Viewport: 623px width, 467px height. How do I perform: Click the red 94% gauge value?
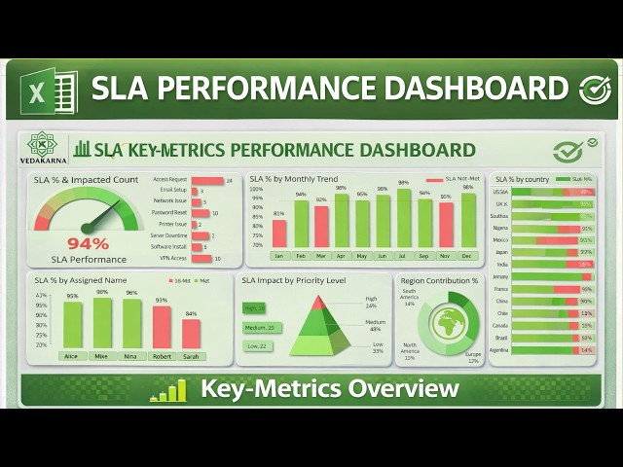click(x=88, y=243)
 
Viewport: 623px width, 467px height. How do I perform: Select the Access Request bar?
click(x=207, y=181)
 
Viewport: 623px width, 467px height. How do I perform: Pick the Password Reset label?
click(x=171, y=212)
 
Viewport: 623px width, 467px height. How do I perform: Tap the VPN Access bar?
click(x=202, y=259)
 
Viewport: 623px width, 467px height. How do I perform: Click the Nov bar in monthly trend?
click(x=446, y=225)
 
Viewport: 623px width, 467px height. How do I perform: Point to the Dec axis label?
click(x=468, y=256)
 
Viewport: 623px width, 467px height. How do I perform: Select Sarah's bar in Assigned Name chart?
click(x=191, y=334)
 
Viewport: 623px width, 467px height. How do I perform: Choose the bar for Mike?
click(x=102, y=323)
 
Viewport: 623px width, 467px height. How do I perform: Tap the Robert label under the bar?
click(x=162, y=356)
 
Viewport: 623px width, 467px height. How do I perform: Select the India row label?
click(x=501, y=264)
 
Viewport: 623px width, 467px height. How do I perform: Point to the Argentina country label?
click(x=498, y=349)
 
